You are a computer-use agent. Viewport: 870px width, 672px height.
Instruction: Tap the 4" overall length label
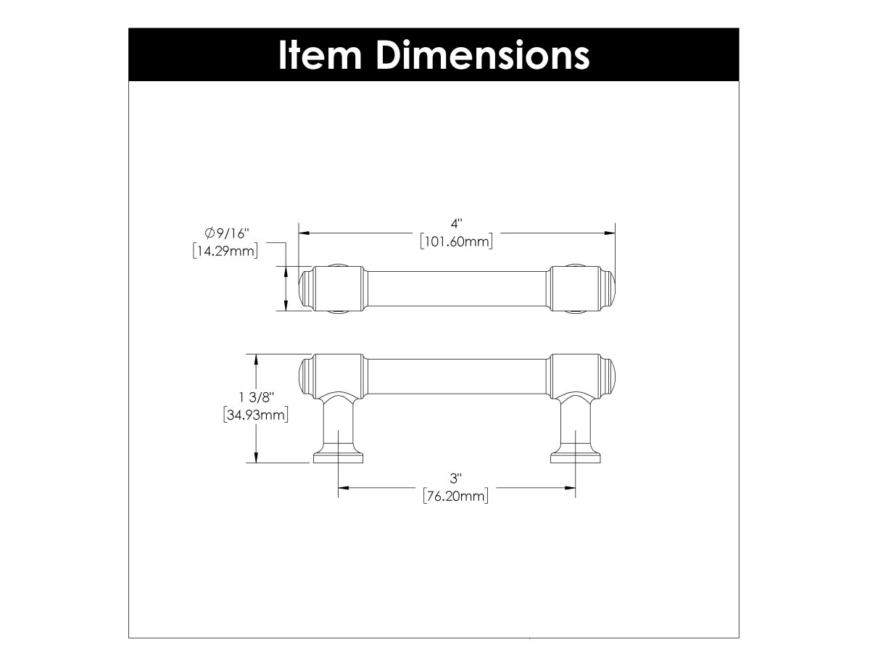click(456, 225)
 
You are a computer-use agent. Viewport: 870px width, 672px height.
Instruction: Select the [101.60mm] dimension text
click(456, 243)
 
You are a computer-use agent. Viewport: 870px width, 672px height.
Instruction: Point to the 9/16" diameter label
click(231, 233)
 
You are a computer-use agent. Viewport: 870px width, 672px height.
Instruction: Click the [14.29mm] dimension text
click(225, 252)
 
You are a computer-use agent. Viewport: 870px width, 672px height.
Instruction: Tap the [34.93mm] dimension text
click(257, 416)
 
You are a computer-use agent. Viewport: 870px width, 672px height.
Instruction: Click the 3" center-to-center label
click(456, 478)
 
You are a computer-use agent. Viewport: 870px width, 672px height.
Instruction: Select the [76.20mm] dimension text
click(456, 497)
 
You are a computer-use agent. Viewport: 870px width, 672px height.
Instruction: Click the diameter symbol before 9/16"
click(210, 233)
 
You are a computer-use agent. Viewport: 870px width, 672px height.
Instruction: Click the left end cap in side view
click(307, 376)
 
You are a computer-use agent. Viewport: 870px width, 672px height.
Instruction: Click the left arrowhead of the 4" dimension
click(304, 233)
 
